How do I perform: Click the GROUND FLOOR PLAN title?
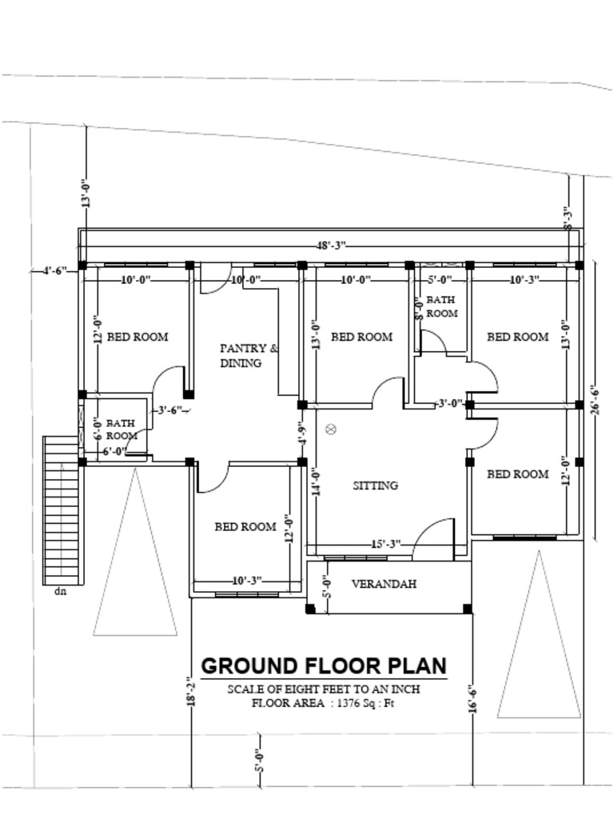pyautogui.click(x=323, y=666)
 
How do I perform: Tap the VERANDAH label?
pyautogui.click(x=384, y=584)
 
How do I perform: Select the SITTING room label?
pyautogui.click(x=375, y=485)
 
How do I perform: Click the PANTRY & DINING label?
pyautogui.click(x=249, y=355)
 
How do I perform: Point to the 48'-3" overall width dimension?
pyautogui.click(x=331, y=246)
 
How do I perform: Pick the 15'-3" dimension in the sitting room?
pyautogui.click(x=385, y=545)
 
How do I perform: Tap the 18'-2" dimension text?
pyautogui.click(x=190, y=691)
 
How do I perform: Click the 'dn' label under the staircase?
pyautogui.click(x=60, y=592)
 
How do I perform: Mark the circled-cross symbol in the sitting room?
pyautogui.click(x=331, y=429)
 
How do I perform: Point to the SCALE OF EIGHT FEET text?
pyautogui.click(x=323, y=689)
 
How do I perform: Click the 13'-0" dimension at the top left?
pyautogui.click(x=86, y=194)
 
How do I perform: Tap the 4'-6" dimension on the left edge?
pyautogui.click(x=55, y=270)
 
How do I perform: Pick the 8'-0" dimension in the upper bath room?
pyautogui.click(x=417, y=307)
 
